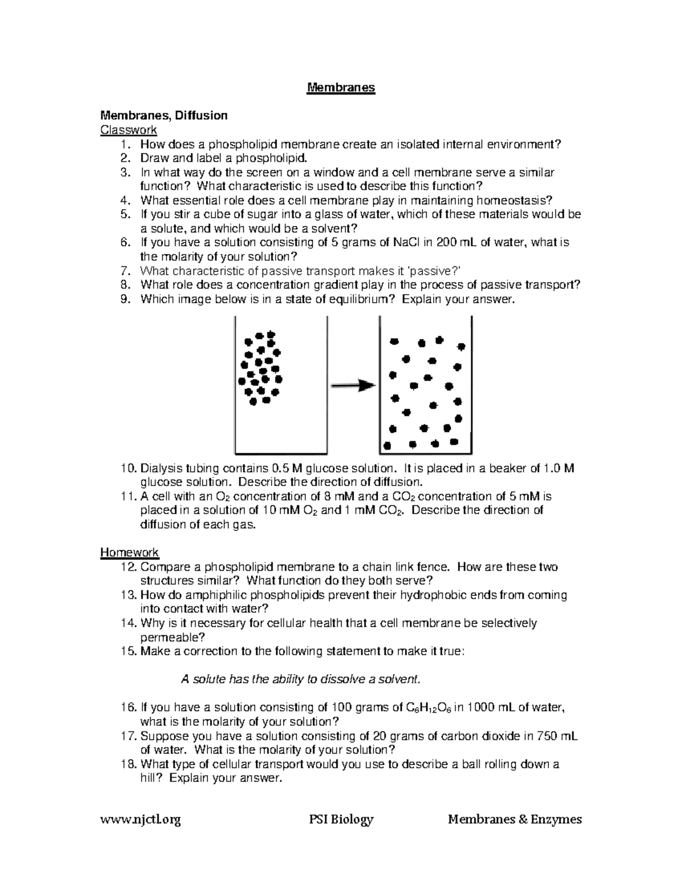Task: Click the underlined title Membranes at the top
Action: point(341,87)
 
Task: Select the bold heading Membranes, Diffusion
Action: point(164,116)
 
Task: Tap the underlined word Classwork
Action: point(128,130)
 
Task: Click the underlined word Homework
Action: point(129,552)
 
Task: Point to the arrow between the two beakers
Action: point(353,386)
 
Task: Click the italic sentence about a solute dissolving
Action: point(302,679)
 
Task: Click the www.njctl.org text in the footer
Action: point(140,820)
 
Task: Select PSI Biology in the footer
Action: point(341,820)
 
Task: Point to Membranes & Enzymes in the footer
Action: point(514,820)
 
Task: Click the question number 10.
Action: point(128,469)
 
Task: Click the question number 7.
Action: point(126,271)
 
